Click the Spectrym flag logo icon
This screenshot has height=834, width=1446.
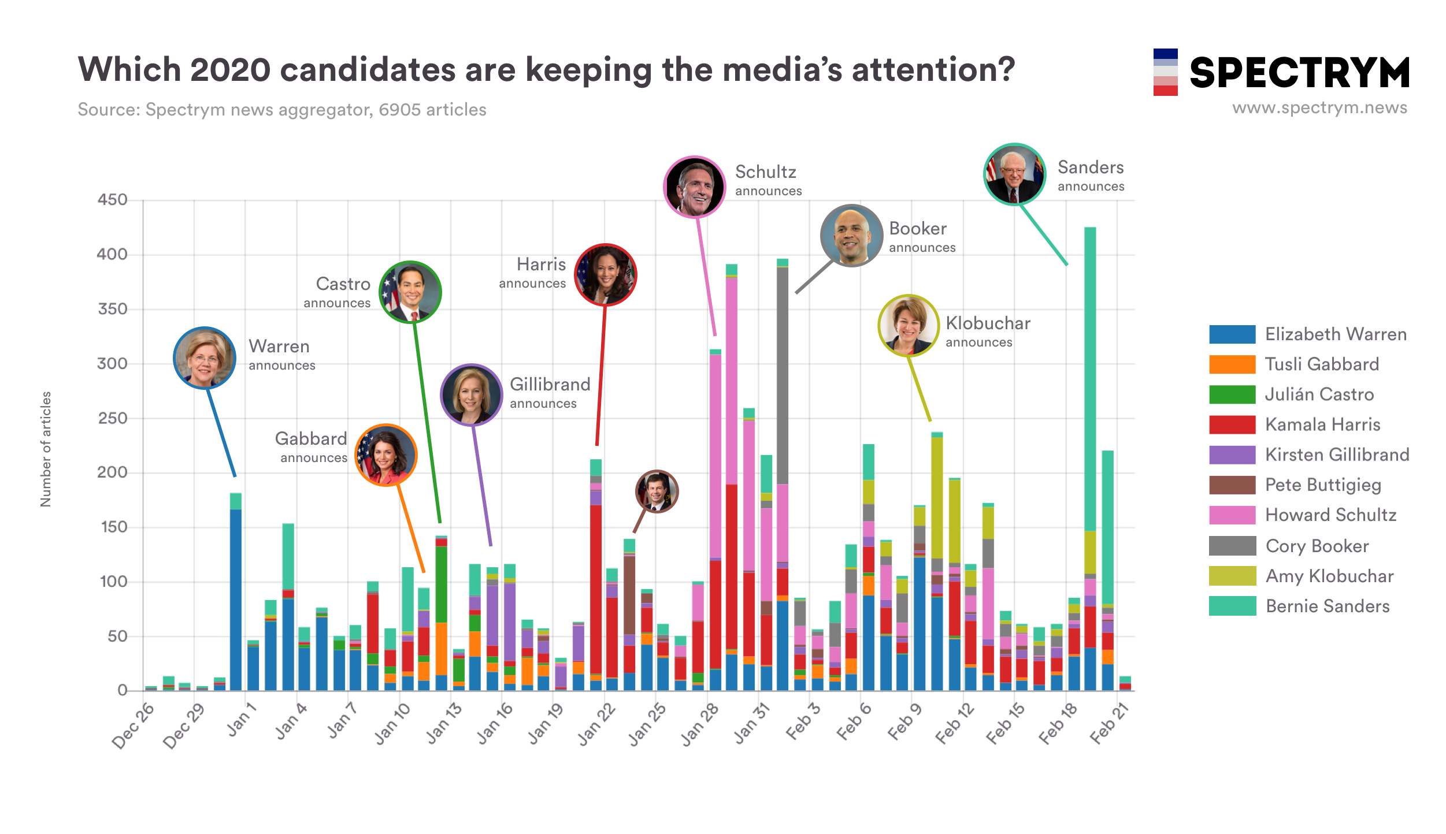click(x=1165, y=72)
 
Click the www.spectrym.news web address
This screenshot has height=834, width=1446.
click(x=1319, y=108)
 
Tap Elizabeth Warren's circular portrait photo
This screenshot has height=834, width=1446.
click(x=205, y=358)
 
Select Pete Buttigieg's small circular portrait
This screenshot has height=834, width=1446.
click(x=657, y=492)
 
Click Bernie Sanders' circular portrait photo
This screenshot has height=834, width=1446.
click(x=1014, y=174)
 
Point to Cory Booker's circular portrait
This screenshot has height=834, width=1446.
click(x=851, y=235)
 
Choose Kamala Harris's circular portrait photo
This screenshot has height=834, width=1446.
click(x=605, y=274)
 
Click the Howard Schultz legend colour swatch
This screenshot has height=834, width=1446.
click(x=1232, y=515)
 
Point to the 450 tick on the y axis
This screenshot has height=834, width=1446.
click(x=113, y=200)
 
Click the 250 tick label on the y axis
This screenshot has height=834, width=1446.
click(x=113, y=418)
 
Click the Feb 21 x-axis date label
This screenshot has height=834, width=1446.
click(x=1108, y=724)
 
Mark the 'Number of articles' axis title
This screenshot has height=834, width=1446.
click(x=46, y=449)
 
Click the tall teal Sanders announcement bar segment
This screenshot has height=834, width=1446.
click(x=1090, y=378)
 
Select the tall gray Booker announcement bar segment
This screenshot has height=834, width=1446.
click(x=783, y=375)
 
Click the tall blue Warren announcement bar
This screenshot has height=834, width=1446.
click(x=236, y=600)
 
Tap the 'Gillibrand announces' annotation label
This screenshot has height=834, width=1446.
click(x=549, y=393)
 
